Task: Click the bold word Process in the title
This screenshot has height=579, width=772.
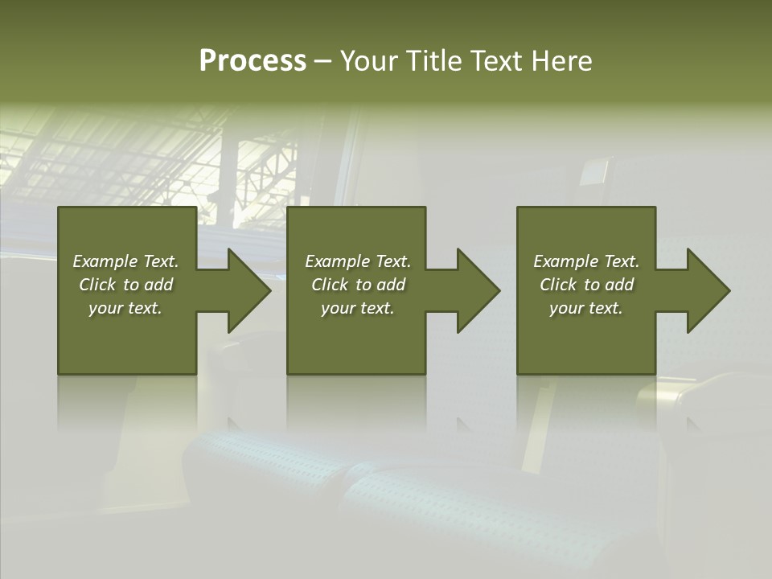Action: tap(253, 61)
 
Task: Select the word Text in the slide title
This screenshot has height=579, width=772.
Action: tap(496, 61)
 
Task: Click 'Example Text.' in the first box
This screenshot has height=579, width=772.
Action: tap(125, 261)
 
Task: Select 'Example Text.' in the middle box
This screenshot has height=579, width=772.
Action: tap(358, 261)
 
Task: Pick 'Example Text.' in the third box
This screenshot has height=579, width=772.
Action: tap(586, 261)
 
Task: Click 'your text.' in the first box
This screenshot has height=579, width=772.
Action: tap(125, 308)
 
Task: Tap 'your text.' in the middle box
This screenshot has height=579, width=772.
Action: tap(358, 308)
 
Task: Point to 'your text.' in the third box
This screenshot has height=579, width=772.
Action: tap(586, 308)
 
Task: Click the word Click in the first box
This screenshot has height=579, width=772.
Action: tap(97, 285)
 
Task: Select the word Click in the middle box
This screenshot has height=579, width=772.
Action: tap(330, 285)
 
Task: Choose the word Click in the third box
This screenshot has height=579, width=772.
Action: tap(558, 285)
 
